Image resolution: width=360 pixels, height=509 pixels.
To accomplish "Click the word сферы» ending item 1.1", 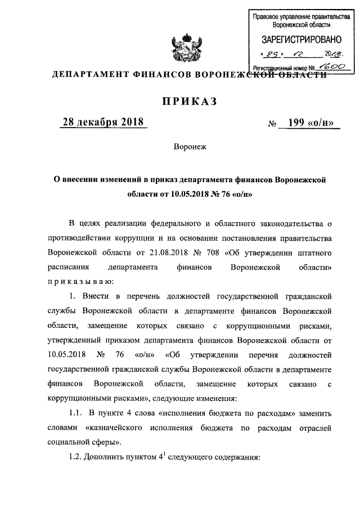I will click(106, 442).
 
